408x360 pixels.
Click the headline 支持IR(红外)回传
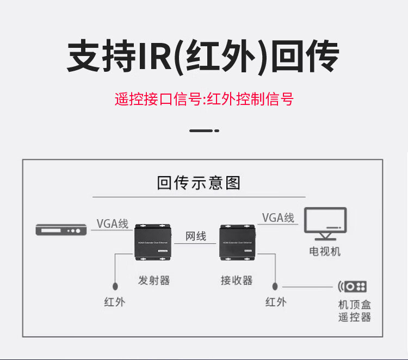[203, 55]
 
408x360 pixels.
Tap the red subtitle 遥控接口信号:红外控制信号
[203, 99]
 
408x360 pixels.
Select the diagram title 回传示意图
[199, 182]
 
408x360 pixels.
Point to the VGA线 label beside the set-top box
[112, 224]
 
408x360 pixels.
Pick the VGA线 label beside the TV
[278, 218]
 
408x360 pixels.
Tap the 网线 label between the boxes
[196, 237]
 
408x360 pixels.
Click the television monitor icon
[325, 223]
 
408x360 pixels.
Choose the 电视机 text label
[325, 252]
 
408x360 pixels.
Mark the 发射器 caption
[154, 281]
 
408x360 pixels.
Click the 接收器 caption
[237, 281]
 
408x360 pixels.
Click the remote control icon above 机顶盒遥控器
[353, 286]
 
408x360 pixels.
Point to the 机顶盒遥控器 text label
[354, 311]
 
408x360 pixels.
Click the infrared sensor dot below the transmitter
[115, 286]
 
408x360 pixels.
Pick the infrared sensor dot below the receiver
[275, 286]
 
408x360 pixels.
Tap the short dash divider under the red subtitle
[203, 131]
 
